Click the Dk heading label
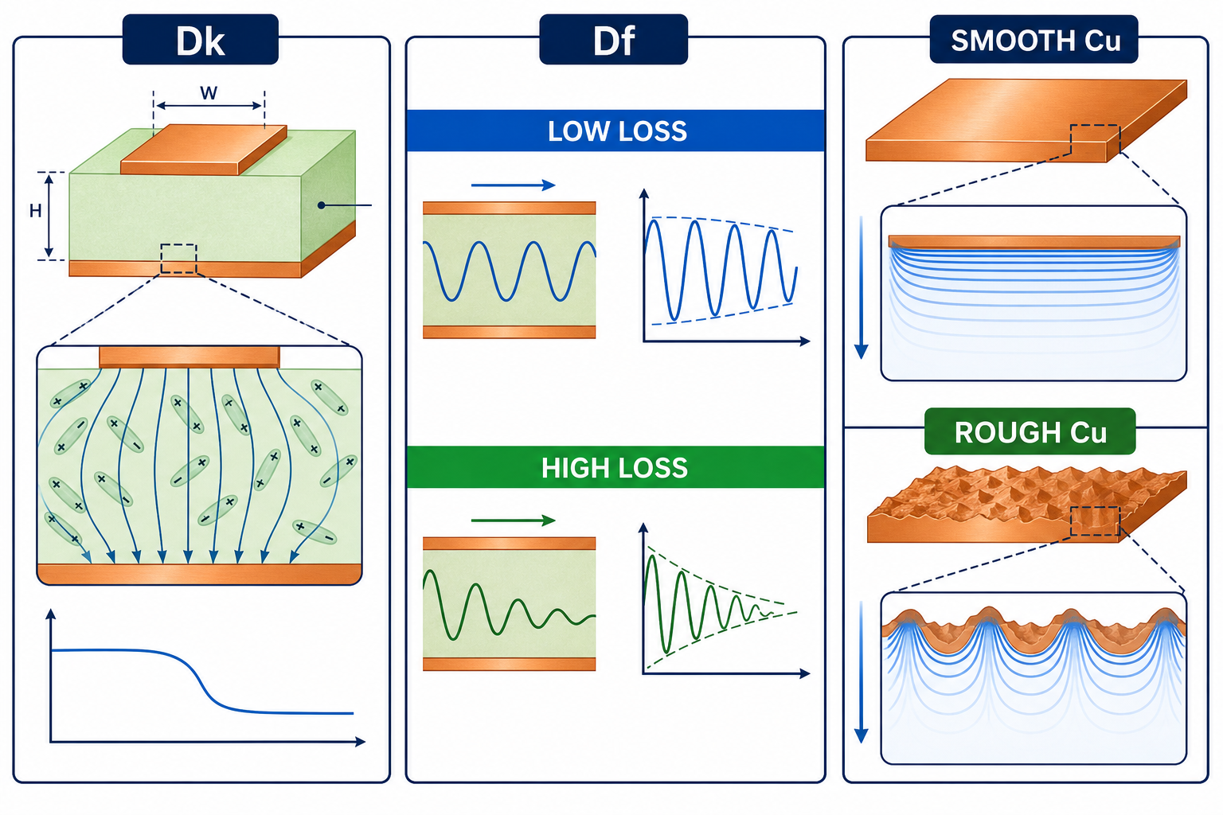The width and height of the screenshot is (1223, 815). [x=201, y=40]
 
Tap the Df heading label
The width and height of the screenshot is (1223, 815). [x=614, y=40]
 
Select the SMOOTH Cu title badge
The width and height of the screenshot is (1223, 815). [x=1034, y=39]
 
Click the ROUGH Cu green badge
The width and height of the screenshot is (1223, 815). [x=1030, y=431]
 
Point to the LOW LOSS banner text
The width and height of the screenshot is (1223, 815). [x=617, y=131]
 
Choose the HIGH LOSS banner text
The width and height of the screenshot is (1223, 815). [x=615, y=468]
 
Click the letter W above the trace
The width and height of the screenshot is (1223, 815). [x=209, y=93]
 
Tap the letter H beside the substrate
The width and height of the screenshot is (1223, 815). [x=36, y=211]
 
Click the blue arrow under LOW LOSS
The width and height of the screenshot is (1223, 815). [x=514, y=185]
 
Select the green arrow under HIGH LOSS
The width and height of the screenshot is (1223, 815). [x=514, y=521]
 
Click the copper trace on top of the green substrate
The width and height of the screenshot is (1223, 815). [x=204, y=149]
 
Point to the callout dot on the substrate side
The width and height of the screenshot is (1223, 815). [x=322, y=205]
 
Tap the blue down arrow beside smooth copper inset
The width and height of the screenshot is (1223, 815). [x=861, y=287]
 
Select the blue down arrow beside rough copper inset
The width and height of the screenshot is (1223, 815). [x=861, y=673]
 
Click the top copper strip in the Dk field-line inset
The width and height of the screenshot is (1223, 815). [x=190, y=357]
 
